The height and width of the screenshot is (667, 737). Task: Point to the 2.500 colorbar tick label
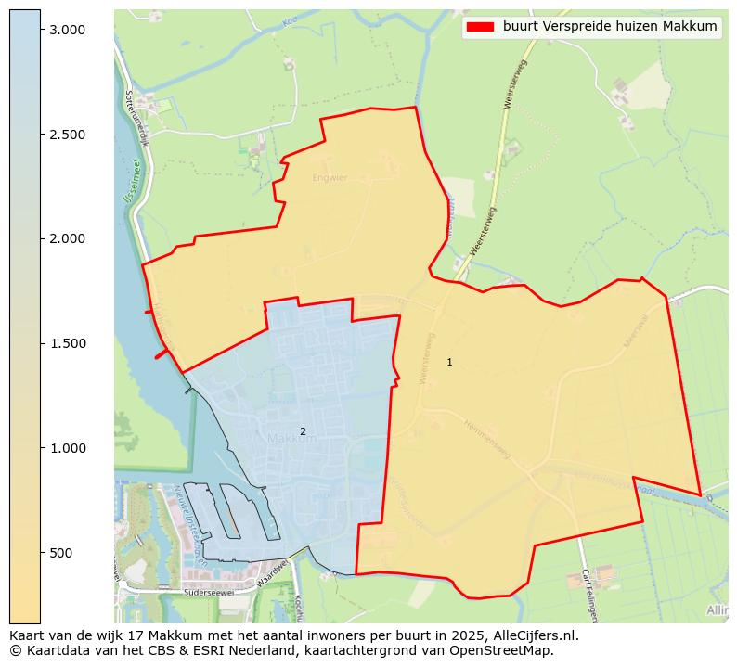pos(68,135)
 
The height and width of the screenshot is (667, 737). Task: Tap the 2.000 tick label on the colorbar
pos(68,239)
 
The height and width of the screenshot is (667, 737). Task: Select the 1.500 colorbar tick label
pos(68,343)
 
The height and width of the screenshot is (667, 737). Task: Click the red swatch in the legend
pos(480,27)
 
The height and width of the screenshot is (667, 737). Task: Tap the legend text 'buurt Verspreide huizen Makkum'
pos(610,27)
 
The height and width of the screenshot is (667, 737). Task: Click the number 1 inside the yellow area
pos(449,362)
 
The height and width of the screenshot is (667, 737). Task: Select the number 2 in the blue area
pos(303,431)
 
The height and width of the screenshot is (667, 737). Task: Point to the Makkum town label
pos(291,438)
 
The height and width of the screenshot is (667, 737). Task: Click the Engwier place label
pos(330,177)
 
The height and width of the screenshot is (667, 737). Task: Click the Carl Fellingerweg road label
pos(588,594)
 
